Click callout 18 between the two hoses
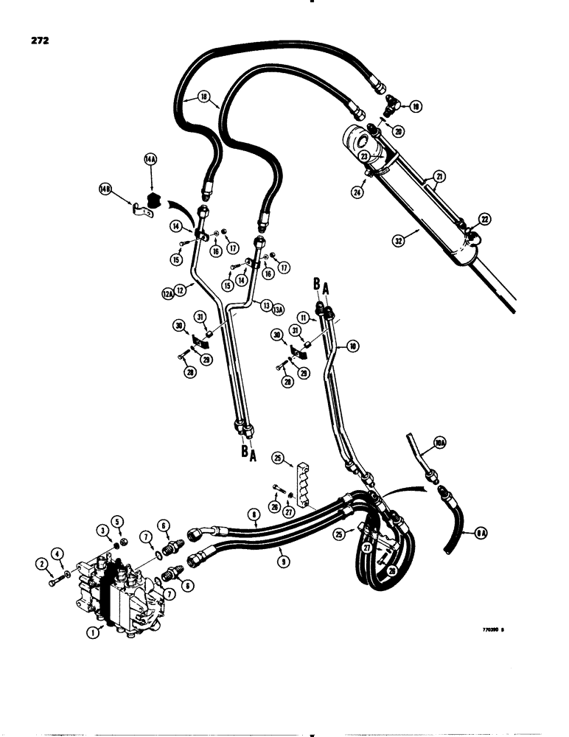click(x=203, y=97)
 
